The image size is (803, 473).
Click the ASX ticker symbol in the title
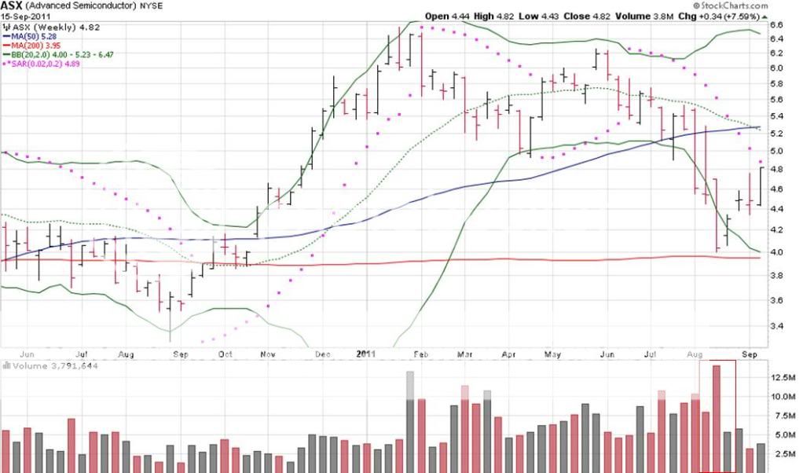click(12, 5)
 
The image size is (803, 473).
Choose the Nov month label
click(267, 354)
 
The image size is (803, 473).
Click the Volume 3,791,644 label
click(52, 365)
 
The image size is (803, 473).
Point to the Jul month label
click(82, 354)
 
